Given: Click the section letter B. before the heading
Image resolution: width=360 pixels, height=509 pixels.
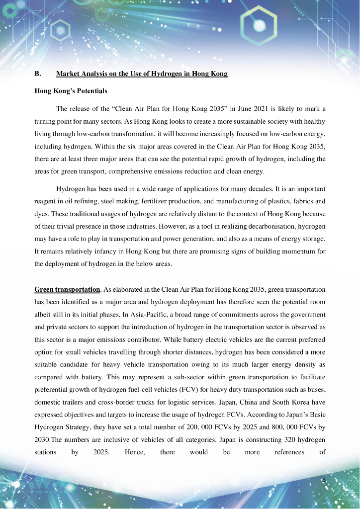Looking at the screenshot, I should (37, 74).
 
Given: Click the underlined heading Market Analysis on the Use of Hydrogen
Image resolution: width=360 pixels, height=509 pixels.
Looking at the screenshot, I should (142, 74).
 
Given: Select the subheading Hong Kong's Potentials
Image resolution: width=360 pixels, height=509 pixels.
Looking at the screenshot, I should (71, 91).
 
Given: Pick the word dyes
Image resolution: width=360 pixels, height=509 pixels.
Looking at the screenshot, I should (40, 214).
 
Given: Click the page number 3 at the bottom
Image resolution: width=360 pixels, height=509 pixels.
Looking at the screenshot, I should (324, 480).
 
